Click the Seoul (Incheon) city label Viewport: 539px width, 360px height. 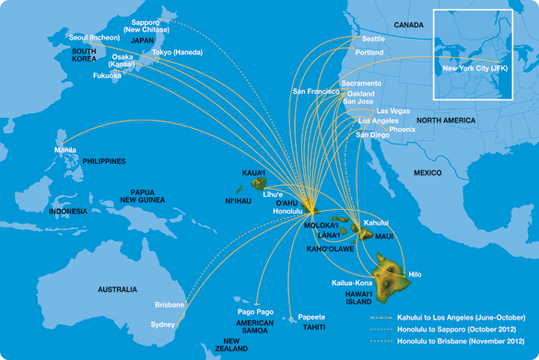click(93, 37)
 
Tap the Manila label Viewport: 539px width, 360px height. click(65, 150)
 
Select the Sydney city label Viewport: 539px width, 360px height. click(163, 324)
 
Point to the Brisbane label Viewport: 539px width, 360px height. click(170, 304)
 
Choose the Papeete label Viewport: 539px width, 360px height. click(311, 317)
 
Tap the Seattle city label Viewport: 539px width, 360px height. click(373, 39)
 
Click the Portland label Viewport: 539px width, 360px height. click(369, 52)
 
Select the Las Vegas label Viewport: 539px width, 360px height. click(393, 110)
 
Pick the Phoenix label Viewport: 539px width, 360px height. click(402, 129)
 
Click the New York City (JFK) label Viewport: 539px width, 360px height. click(475, 69)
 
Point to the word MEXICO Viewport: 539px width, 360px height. click(428, 172)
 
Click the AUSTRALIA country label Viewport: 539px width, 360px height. click(117, 289)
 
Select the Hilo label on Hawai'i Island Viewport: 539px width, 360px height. click(415, 274)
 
